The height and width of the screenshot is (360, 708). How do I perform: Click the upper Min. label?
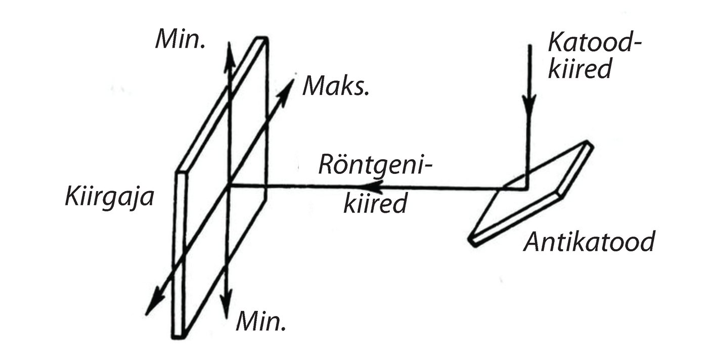[180, 38]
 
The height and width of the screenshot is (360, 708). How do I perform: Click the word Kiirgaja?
[109, 197]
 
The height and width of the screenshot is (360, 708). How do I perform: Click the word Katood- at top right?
[594, 44]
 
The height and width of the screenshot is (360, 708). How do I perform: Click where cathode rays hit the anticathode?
[527, 188]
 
